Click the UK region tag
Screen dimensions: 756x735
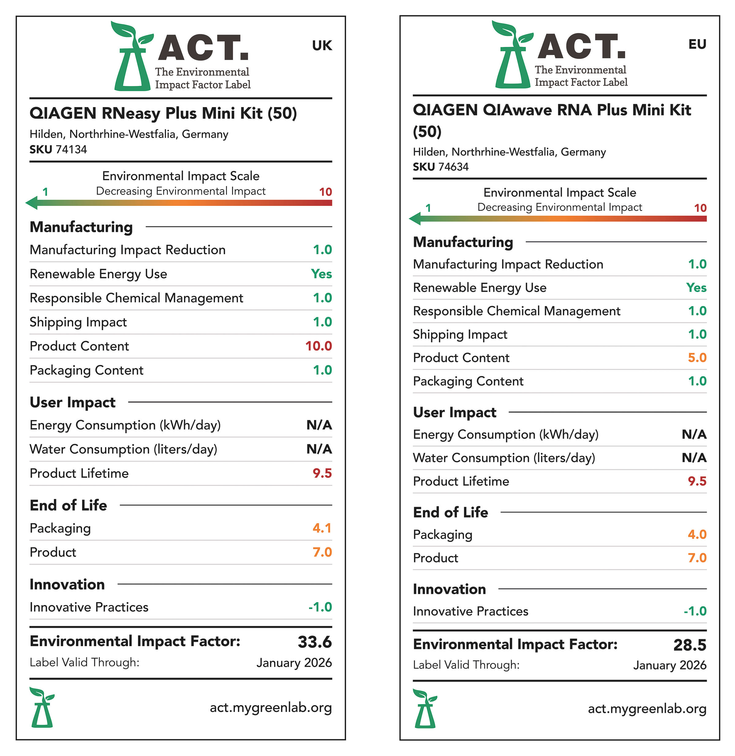(x=322, y=46)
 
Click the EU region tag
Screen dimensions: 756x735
(x=697, y=44)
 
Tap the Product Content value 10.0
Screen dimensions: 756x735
(x=318, y=346)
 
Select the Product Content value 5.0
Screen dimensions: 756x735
(x=697, y=358)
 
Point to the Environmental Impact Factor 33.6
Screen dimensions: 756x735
(x=314, y=642)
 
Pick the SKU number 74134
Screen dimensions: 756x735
(x=71, y=150)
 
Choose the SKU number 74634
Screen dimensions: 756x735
(x=454, y=167)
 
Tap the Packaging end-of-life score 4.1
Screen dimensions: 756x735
(x=322, y=528)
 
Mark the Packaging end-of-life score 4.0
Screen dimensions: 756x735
(x=697, y=534)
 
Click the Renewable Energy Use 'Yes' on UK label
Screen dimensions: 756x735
(x=321, y=274)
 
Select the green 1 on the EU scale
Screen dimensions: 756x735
(x=428, y=208)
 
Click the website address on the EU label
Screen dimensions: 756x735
(x=647, y=709)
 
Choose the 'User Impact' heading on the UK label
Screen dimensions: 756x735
(x=73, y=402)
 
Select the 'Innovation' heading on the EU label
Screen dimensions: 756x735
(x=449, y=589)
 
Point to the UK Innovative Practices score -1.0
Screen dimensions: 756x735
(x=320, y=607)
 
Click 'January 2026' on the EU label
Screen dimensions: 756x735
(x=669, y=665)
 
